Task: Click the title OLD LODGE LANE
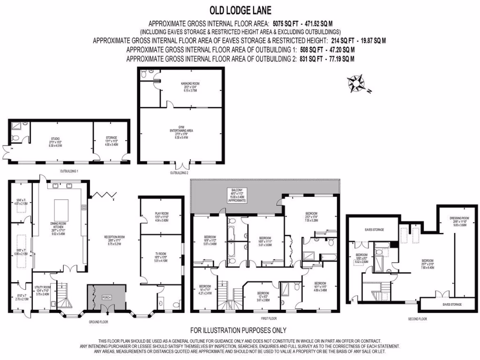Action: coord(240,10)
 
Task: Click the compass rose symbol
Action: coord(357,83)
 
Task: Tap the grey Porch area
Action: coord(106,297)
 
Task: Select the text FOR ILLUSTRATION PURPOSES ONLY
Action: coord(238,330)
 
